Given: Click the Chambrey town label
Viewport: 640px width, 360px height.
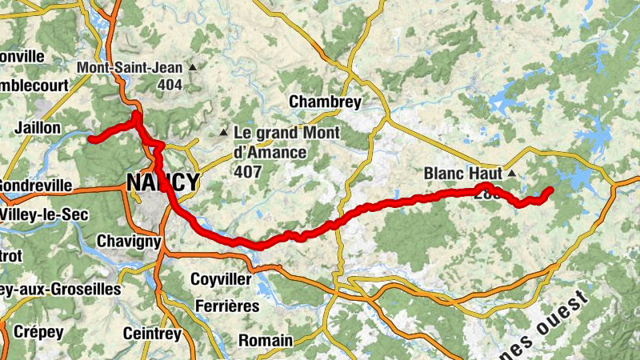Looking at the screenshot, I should coord(325,102).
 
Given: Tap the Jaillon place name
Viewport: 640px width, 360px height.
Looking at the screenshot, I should coord(37,128).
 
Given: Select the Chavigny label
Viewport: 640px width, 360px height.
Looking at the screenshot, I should coord(129,241).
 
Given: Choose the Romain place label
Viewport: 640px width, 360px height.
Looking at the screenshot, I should coord(265,341).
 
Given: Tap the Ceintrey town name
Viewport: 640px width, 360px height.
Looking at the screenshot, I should coord(151,333).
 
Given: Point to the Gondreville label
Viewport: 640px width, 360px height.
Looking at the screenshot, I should coord(35,186).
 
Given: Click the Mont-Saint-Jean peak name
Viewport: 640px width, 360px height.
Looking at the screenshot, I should coord(130,68).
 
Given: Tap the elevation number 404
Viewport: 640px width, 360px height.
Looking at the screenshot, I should coord(170,84).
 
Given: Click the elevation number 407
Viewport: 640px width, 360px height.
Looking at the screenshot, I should coord(247,170).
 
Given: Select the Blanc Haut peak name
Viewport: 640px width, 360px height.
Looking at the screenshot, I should coord(462,173).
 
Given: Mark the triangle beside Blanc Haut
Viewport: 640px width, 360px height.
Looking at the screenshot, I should coord(510,173).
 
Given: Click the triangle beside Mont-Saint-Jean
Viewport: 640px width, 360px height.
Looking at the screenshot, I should coord(192,68).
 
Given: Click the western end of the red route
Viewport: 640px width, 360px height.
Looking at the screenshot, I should coord(91,139).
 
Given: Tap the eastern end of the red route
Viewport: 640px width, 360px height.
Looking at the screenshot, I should coord(550,190).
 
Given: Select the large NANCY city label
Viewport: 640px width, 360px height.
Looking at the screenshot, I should coord(162,183).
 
